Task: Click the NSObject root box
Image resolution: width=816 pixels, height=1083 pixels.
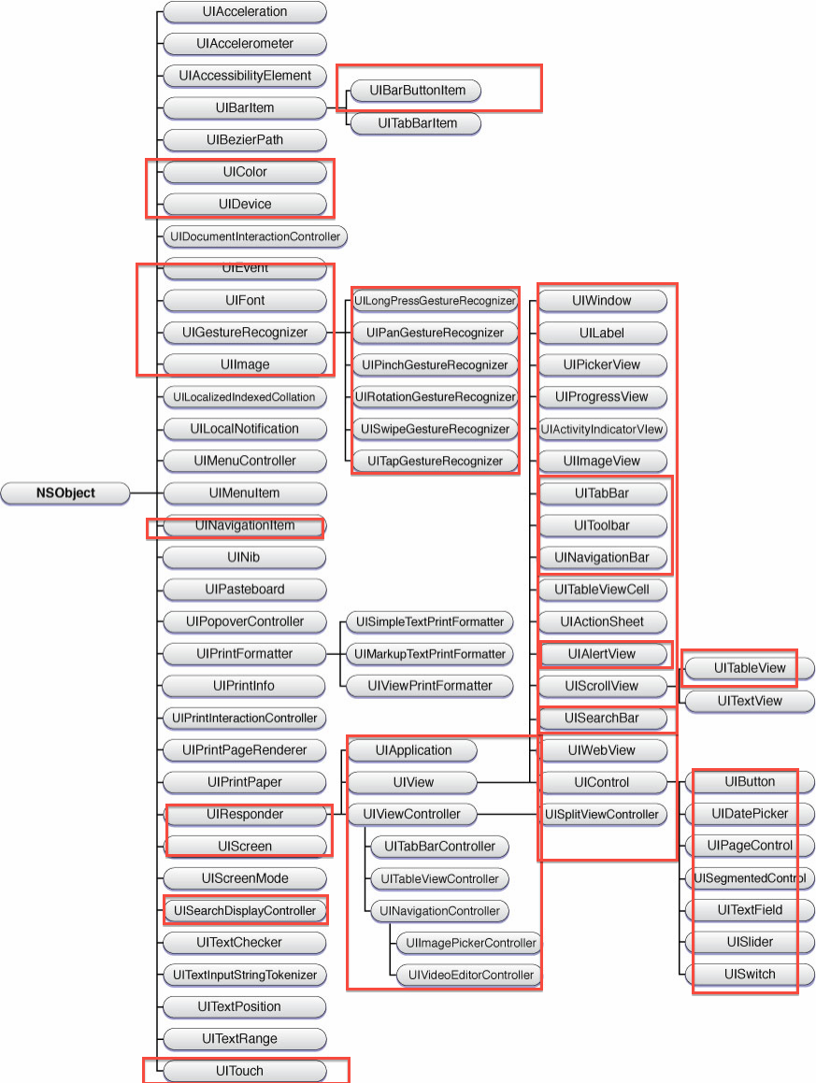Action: pyautogui.click(x=65, y=492)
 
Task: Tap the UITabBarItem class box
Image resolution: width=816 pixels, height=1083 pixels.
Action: pyautogui.click(x=417, y=122)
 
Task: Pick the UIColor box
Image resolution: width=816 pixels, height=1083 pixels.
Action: pyautogui.click(x=244, y=172)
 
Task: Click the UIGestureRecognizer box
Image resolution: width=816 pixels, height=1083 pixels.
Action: pyautogui.click(x=244, y=332)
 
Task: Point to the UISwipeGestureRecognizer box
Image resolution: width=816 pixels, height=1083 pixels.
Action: pyautogui.click(x=435, y=428)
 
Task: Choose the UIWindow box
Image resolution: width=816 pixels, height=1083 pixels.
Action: pyautogui.click(x=603, y=301)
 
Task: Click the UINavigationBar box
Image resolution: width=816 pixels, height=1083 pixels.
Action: pyautogui.click(x=603, y=558)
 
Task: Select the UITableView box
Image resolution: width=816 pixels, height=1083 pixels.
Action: pyautogui.click(x=749, y=668)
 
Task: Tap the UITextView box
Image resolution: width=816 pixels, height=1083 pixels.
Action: pyautogui.click(x=749, y=700)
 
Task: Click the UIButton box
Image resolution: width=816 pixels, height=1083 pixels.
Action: pyautogui.click(x=749, y=781)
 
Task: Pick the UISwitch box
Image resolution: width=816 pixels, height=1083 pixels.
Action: pyautogui.click(x=749, y=974)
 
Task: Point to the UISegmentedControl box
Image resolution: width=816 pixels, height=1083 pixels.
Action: pyautogui.click(x=749, y=877)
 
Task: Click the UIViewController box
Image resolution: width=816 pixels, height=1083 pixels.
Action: pyautogui.click(x=411, y=814)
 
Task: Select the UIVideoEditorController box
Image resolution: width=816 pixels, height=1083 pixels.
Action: pyautogui.click(x=468, y=975)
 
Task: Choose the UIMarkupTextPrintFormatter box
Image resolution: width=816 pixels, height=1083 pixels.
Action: pyautogui.click(x=430, y=653)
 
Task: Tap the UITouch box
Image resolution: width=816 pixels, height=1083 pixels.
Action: pyautogui.click(x=244, y=1071)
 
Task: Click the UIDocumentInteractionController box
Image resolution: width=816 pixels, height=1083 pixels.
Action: pyautogui.click(x=254, y=236)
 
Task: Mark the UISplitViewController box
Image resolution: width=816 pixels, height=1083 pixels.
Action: pyautogui.click(x=603, y=814)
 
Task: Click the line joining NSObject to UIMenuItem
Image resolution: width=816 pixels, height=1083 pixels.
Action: pyautogui.click(x=146, y=492)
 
